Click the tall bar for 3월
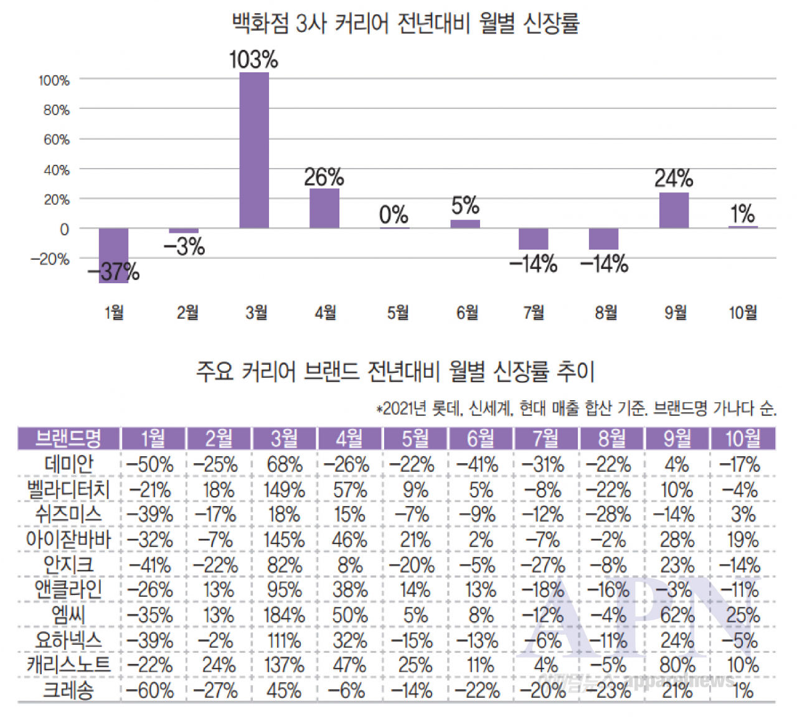(254, 150)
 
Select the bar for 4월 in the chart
(324, 208)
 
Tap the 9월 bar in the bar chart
(674, 210)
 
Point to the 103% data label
(253, 60)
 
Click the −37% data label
(114, 271)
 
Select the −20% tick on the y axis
(50, 259)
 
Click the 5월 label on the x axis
(398, 312)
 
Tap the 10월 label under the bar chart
(743, 312)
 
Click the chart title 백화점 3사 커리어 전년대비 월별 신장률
(405, 24)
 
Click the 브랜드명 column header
(68, 439)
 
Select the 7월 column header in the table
(546, 439)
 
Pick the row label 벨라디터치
(68, 490)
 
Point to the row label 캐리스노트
(68, 665)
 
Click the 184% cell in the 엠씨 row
(284, 616)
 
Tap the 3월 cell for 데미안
(284, 464)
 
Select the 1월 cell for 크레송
(150, 690)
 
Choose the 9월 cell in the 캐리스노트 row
(677, 665)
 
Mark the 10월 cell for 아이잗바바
(743, 540)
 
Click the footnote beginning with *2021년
(576, 409)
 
